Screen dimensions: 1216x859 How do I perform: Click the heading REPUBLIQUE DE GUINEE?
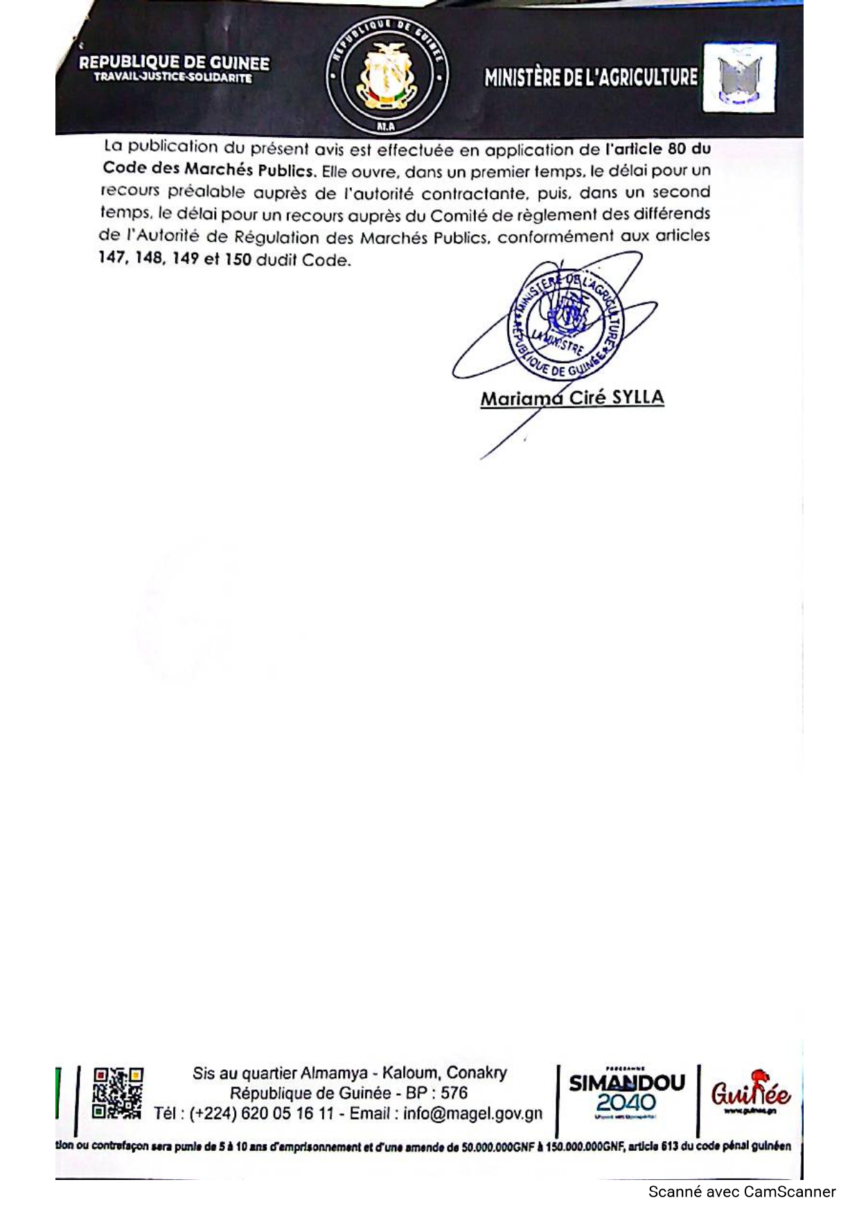tap(174, 63)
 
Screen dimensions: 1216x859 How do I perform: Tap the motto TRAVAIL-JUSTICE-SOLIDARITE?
tap(173, 78)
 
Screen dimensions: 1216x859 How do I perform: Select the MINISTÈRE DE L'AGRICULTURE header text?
tap(591, 77)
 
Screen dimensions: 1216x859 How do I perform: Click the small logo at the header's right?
tap(739, 77)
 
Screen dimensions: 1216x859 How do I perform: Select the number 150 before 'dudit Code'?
tap(238, 260)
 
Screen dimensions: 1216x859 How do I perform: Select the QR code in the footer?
tap(118, 1092)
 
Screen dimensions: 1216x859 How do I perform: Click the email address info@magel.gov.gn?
tap(473, 1113)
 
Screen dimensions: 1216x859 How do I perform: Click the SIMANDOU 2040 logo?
tap(627, 1093)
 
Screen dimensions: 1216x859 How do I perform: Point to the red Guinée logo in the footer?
tap(750, 1093)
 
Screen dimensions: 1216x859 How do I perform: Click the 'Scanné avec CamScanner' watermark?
tap(742, 1192)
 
